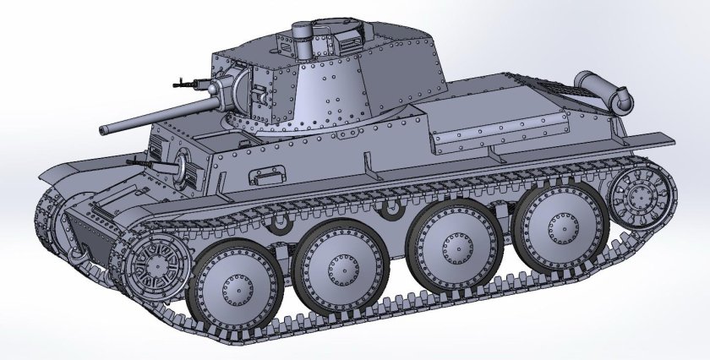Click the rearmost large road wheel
558,224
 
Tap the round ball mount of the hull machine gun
181,164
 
